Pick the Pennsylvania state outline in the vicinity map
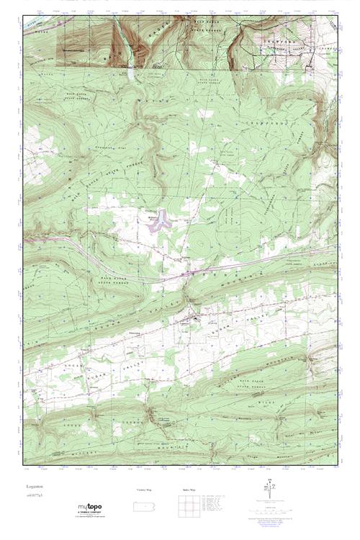point(147,506)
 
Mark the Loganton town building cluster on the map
point(194,318)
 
